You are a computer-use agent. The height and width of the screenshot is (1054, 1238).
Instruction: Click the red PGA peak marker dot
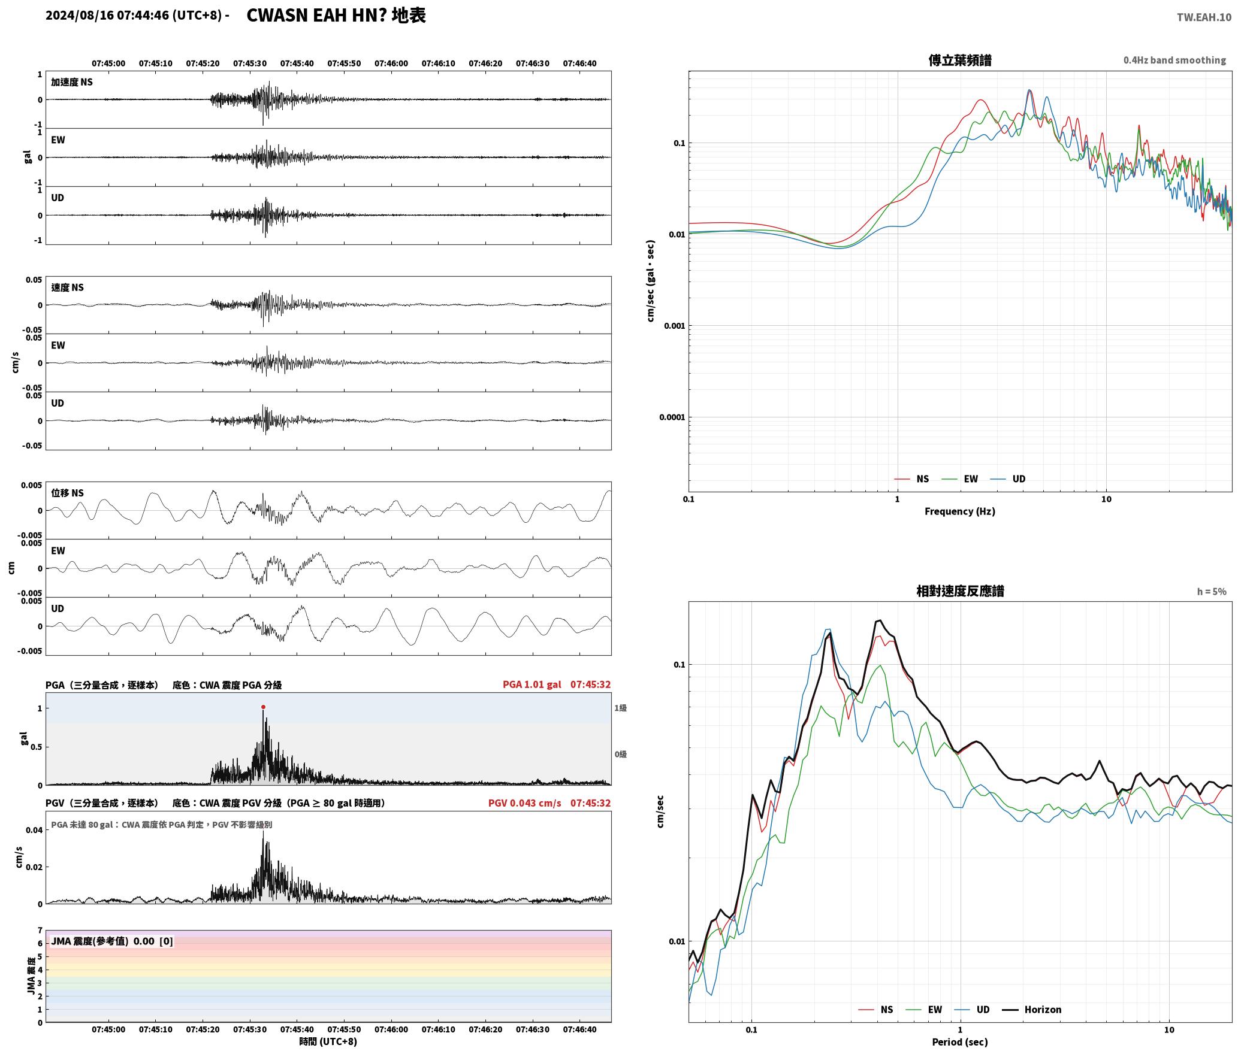click(263, 707)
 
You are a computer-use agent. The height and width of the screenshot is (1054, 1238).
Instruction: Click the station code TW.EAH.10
click(1204, 17)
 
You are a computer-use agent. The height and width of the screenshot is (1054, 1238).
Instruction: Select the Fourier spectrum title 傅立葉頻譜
click(960, 60)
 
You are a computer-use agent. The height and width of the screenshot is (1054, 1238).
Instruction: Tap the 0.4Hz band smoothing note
click(1174, 60)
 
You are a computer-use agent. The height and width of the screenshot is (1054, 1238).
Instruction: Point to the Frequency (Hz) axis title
click(960, 511)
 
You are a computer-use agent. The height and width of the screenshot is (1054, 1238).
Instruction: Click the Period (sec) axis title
click(960, 1042)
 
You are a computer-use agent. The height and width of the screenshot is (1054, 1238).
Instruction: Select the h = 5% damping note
click(1212, 592)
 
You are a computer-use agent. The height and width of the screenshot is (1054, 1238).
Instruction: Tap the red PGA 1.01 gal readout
click(532, 685)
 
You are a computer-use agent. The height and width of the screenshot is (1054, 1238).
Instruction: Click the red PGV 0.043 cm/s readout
click(525, 803)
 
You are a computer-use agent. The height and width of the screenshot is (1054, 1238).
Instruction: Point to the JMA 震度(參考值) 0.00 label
click(102, 941)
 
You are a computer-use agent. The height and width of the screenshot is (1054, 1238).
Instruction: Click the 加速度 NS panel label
click(72, 82)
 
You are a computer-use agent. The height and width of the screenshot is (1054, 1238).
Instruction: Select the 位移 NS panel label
click(68, 493)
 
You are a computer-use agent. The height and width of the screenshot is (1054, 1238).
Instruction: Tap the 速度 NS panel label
click(68, 287)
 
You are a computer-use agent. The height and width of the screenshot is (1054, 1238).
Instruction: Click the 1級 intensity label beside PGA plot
click(621, 708)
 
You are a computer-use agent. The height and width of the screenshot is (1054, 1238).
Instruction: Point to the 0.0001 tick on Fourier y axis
click(672, 417)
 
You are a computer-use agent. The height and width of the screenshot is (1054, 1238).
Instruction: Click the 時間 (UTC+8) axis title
click(328, 1041)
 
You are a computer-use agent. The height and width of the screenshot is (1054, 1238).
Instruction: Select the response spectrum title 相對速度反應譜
click(960, 591)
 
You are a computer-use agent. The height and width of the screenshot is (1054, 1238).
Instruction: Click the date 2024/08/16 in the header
click(80, 16)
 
